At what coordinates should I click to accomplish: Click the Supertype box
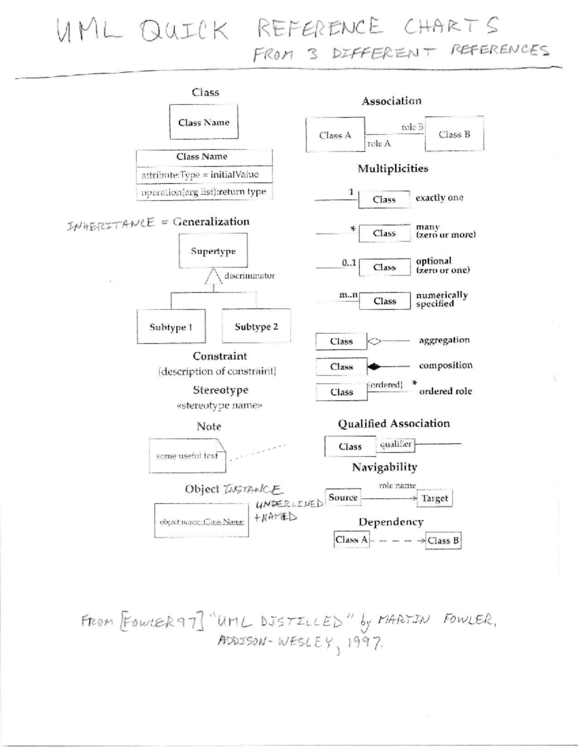(213, 251)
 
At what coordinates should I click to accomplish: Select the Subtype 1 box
(171, 327)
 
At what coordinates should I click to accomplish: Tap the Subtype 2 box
(256, 326)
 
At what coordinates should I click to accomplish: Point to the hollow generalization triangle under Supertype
(213, 276)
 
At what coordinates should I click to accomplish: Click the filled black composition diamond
(374, 367)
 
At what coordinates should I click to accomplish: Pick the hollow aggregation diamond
(374, 341)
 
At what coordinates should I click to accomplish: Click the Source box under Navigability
(343, 497)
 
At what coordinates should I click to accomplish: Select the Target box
(434, 498)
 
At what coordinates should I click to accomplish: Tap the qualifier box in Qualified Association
(395, 444)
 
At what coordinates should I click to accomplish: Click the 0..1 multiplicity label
(349, 263)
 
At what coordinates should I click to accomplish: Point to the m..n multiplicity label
(348, 295)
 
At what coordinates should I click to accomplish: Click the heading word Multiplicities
(393, 168)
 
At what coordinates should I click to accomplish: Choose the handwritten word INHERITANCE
(111, 224)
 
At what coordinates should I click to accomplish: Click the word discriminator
(250, 276)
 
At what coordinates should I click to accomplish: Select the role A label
(379, 143)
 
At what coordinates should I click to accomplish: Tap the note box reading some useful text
(187, 456)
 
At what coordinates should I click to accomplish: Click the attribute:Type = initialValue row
(204, 175)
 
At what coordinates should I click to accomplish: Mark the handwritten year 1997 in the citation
(365, 642)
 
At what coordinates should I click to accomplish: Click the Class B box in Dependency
(444, 541)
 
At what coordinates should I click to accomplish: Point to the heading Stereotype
(221, 390)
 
